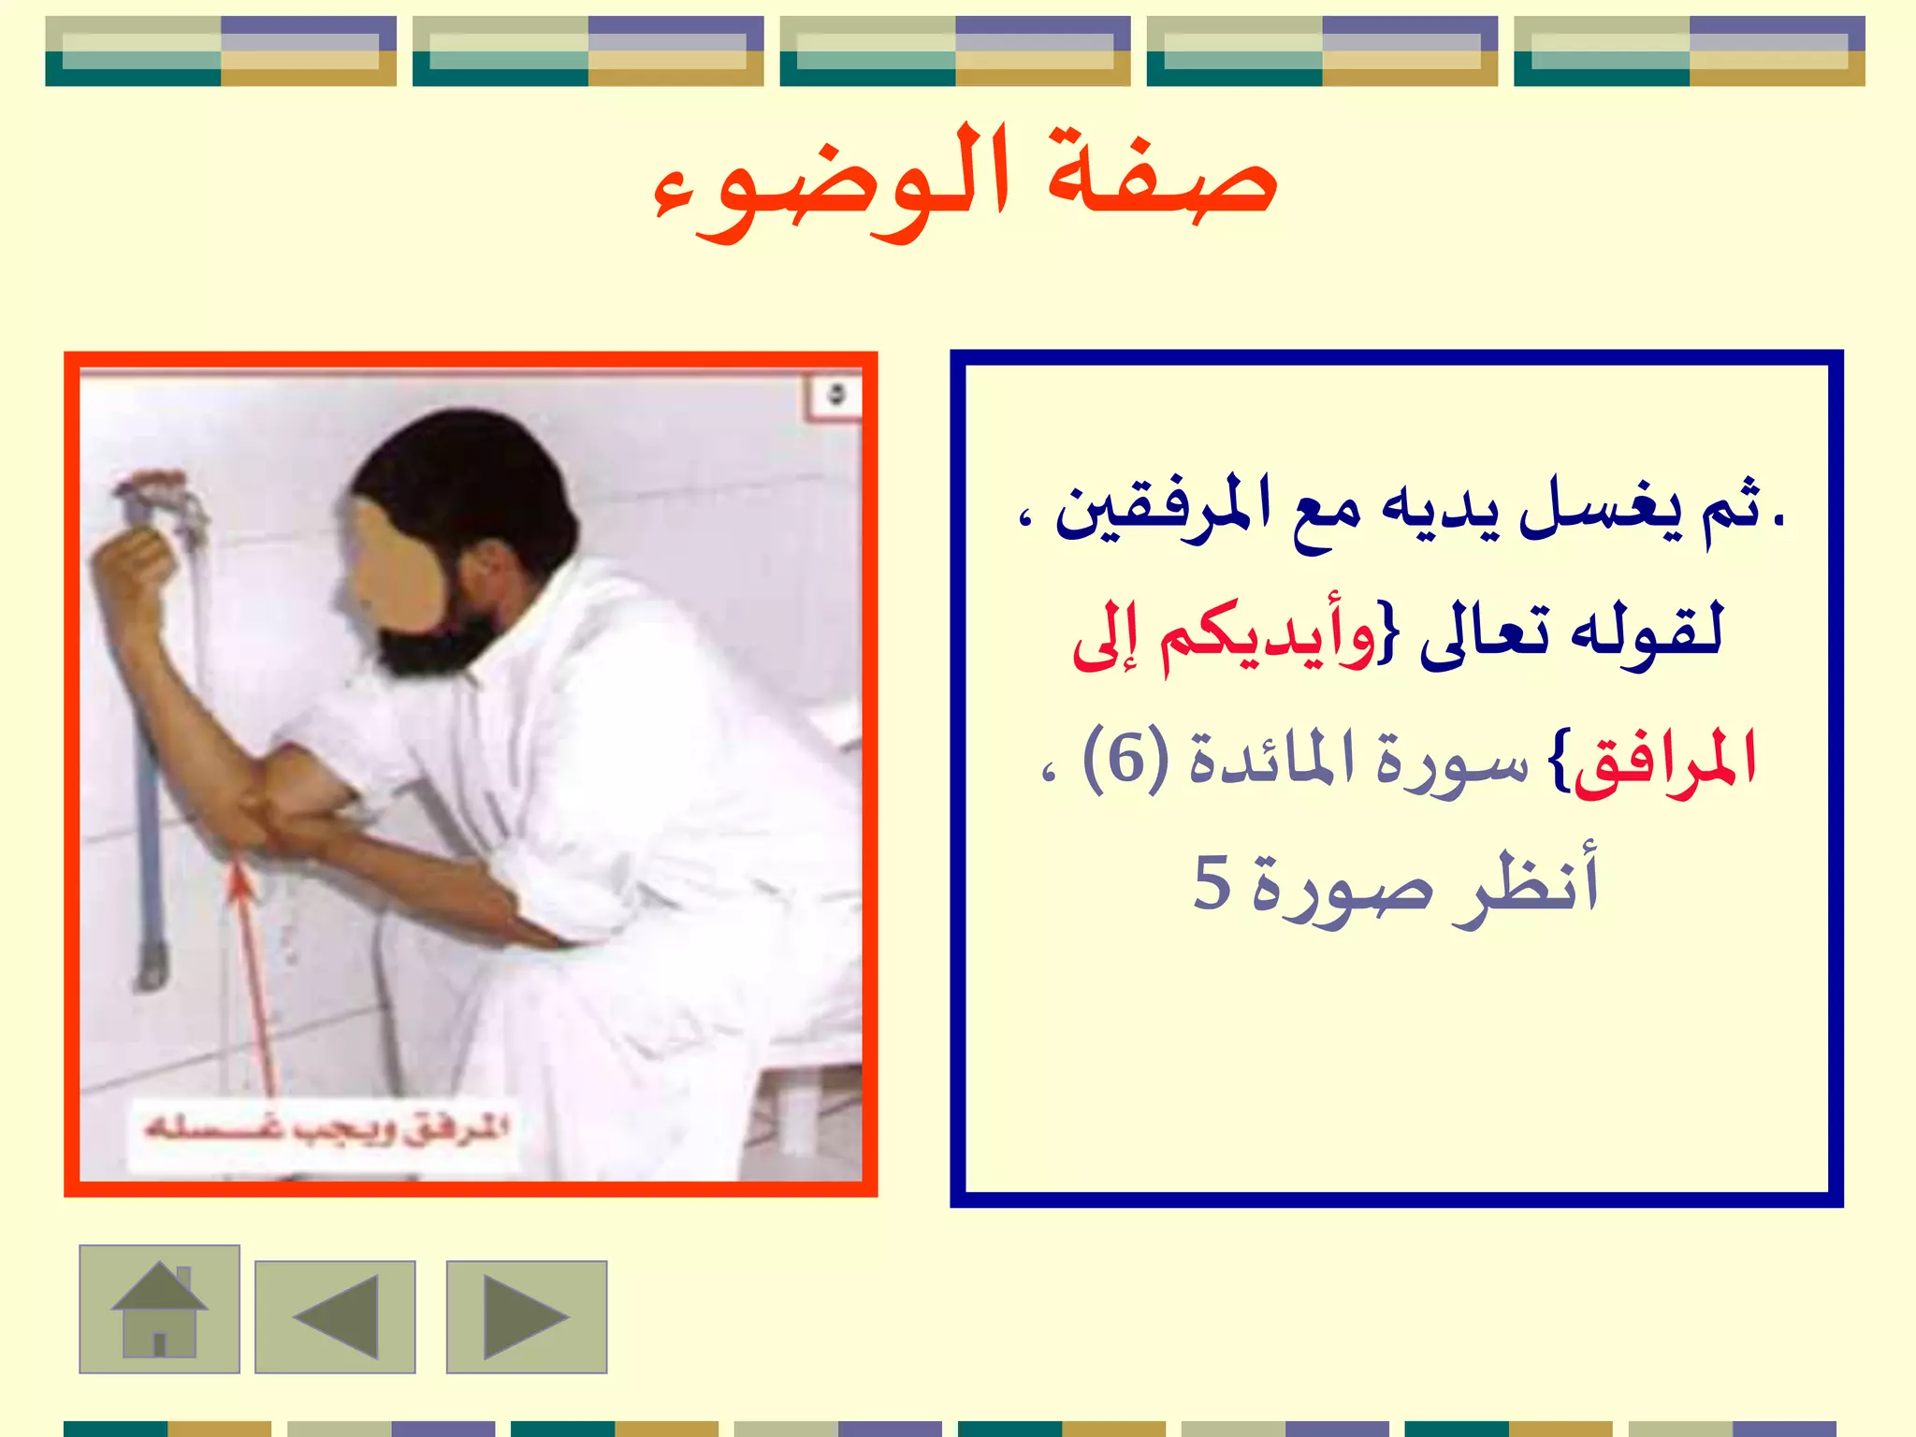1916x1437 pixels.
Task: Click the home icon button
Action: click(x=159, y=1309)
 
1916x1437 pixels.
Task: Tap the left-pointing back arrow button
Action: click(x=335, y=1316)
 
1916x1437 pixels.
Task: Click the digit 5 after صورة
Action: click(x=1212, y=882)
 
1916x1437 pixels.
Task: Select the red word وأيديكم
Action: click(x=1268, y=636)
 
